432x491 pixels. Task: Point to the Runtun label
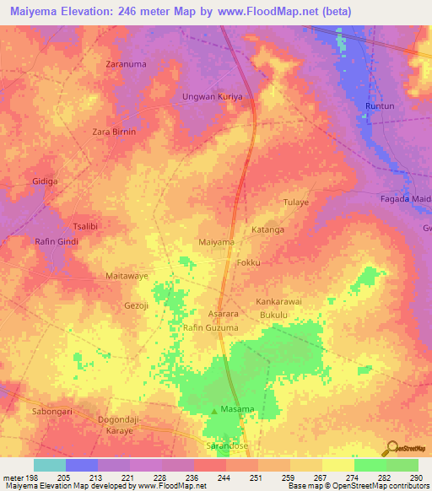pos(380,105)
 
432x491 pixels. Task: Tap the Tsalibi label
pos(86,228)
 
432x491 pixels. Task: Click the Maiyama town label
pos(216,242)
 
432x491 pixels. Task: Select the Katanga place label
pos(267,229)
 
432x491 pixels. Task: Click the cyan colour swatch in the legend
pos(49,465)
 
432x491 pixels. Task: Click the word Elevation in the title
pos(95,12)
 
